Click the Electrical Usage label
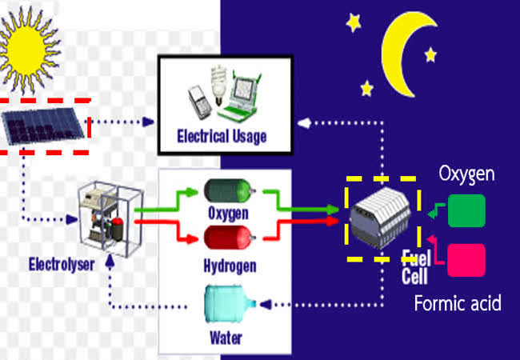coord(222,137)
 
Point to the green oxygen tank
coord(228,191)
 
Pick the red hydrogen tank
coord(228,238)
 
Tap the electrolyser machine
coord(104,221)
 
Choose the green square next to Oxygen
coord(466,211)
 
